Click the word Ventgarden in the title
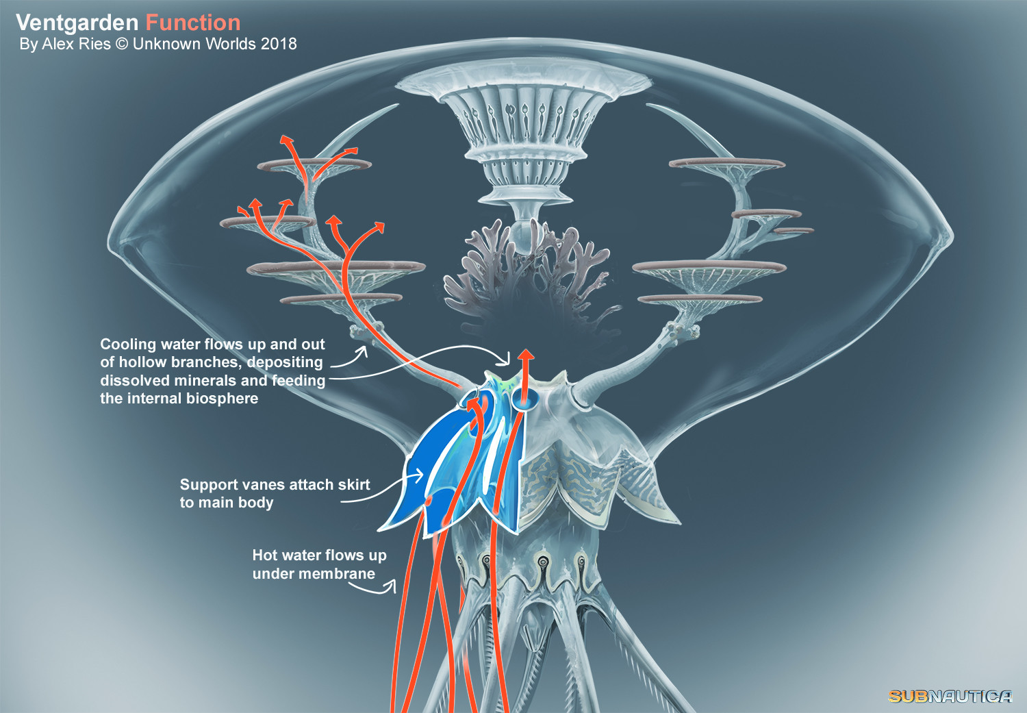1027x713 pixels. point(77,23)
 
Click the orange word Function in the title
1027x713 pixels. point(193,23)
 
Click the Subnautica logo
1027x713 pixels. point(950,696)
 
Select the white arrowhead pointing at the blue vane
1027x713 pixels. point(418,475)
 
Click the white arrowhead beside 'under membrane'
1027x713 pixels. point(391,586)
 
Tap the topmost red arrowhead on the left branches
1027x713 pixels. point(287,140)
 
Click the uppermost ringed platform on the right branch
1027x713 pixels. point(727,163)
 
